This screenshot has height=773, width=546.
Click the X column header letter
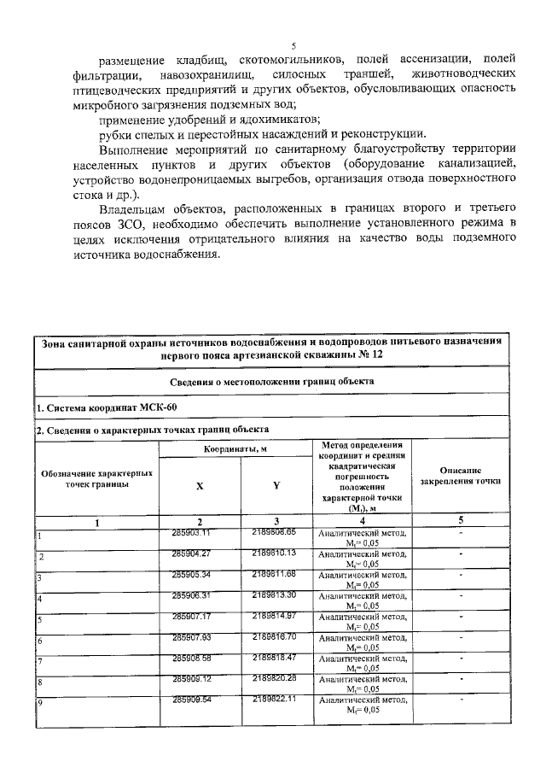click(200, 485)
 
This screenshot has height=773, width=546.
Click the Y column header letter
click(276, 485)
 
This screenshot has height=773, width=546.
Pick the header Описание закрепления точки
click(462, 476)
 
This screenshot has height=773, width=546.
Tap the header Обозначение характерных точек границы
click(96, 478)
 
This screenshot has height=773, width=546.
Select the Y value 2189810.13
click(273, 553)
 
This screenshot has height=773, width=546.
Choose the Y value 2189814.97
click(273, 616)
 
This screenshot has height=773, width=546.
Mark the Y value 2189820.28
click(273, 678)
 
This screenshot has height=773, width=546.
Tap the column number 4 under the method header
click(362, 521)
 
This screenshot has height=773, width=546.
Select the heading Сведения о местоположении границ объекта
click(272, 382)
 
